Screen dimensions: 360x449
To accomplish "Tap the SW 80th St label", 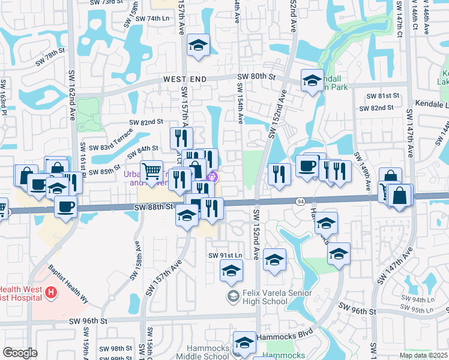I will click(x=256, y=76).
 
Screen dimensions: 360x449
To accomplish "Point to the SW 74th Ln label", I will click(x=153, y=19).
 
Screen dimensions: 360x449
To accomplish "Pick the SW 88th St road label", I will click(x=153, y=206).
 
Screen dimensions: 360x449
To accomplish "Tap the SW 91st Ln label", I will click(x=225, y=255).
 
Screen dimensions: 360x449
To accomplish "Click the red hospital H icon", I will click(x=51, y=293).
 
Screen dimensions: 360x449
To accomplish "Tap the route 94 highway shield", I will click(x=299, y=201).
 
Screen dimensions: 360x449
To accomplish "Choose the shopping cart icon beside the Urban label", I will click(x=151, y=170).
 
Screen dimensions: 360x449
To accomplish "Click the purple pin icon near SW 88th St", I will click(x=211, y=176).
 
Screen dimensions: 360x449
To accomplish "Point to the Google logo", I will click(x=19, y=353).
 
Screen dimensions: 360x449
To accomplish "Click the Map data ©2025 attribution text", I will click(x=423, y=355).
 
